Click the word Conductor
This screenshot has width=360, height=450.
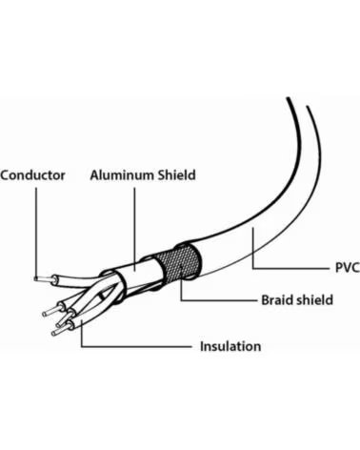32,175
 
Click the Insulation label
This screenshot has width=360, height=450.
230,346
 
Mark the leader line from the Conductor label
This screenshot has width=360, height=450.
36,233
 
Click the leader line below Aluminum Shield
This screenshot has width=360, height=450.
134,229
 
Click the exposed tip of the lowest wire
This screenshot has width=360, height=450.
59,331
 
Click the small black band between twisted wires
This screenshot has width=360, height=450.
101,297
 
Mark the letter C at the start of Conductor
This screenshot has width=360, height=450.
5,175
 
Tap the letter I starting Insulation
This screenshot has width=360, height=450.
202,346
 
